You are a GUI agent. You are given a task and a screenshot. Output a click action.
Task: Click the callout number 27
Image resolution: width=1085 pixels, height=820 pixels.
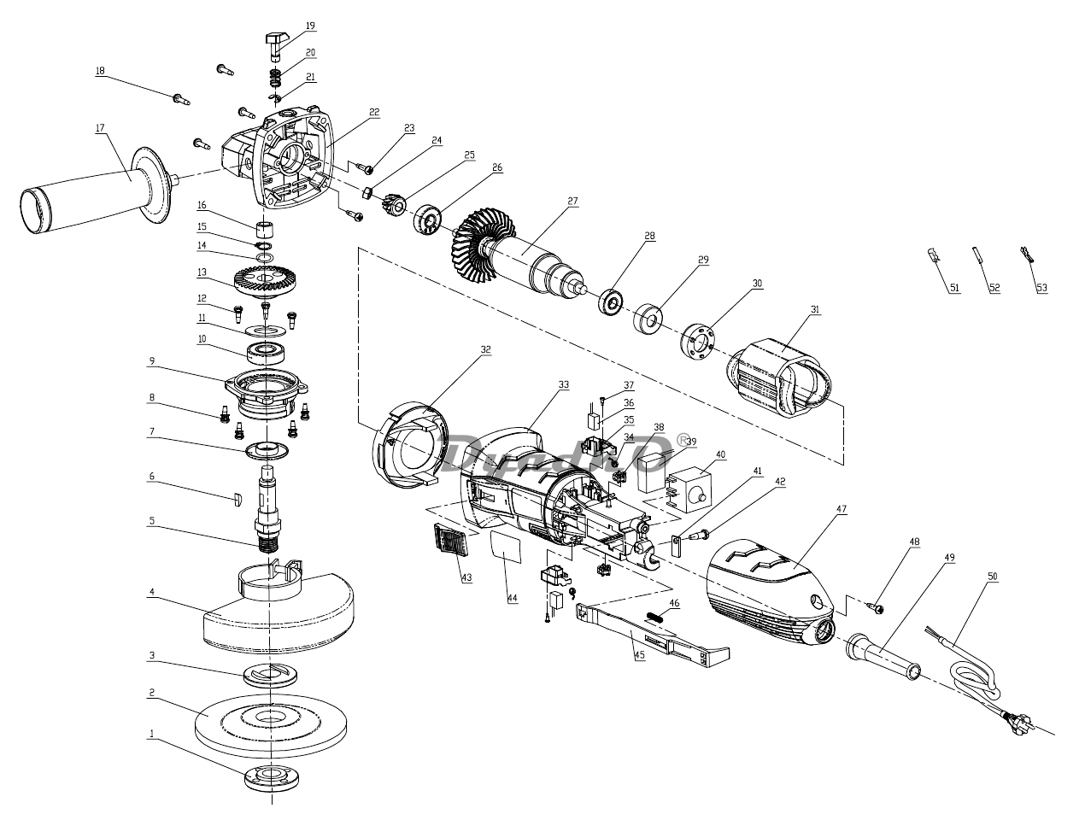tap(572, 201)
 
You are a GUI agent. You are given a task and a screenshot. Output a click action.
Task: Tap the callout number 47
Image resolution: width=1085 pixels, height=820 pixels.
tap(842, 509)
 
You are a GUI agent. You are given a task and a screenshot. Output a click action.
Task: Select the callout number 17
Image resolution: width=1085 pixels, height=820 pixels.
tap(100, 128)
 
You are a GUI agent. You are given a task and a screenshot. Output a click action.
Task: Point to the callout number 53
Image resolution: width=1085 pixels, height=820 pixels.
tap(1041, 288)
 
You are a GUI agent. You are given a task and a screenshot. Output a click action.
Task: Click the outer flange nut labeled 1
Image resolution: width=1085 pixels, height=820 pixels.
tap(272, 779)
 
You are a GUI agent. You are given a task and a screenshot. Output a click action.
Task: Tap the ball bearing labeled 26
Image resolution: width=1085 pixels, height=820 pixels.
tap(427, 220)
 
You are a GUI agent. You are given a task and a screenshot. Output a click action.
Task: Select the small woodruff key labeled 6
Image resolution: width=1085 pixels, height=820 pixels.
tap(237, 499)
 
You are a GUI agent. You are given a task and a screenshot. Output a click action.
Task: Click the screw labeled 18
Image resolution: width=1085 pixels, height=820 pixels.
tap(181, 100)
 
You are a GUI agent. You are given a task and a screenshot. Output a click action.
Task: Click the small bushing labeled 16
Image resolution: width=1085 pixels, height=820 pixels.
tap(266, 229)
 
